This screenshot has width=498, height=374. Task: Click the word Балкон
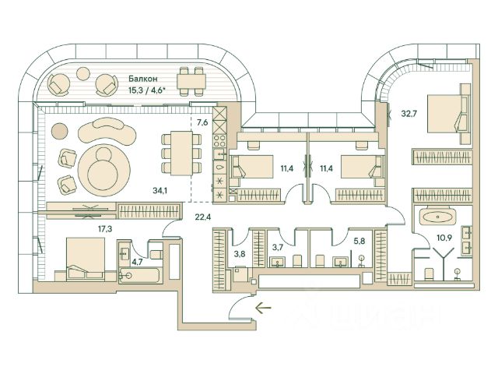(x=143, y=79)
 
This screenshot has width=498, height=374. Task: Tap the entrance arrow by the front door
(x=263, y=308)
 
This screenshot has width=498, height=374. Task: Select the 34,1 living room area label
(x=160, y=190)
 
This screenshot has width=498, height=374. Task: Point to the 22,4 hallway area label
(x=203, y=217)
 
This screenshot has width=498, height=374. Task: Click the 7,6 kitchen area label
(x=202, y=122)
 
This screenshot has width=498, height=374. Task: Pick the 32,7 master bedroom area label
(x=409, y=113)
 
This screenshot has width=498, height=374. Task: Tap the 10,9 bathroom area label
(x=444, y=237)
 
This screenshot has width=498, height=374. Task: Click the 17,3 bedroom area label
(x=105, y=228)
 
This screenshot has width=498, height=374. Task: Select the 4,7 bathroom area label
(x=137, y=263)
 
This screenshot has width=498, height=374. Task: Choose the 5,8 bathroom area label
(x=359, y=241)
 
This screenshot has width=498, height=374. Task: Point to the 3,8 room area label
(x=240, y=254)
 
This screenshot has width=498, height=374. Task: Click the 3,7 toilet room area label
(x=278, y=247)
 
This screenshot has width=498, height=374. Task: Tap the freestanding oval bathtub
(x=438, y=217)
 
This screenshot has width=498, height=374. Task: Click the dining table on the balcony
(x=191, y=81)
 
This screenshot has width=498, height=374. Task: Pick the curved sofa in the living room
(x=107, y=131)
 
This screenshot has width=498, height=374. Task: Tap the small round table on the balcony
(x=83, y=73)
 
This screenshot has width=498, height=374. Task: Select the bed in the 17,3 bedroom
(x=85, y=259)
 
